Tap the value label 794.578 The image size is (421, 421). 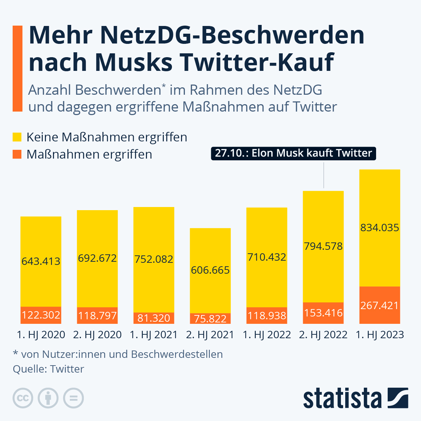click(323, 246)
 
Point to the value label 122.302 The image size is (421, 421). click(41, 315)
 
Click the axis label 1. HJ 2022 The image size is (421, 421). click(267, 335)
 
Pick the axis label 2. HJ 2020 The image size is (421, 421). click(97, 335)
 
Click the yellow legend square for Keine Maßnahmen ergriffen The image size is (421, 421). click(17, 137)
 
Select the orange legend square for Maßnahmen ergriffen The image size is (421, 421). click(17, 154)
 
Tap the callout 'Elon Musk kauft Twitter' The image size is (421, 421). click(293, 153)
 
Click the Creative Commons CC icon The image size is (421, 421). click(23, 398)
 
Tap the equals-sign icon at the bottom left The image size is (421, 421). click(73, 398)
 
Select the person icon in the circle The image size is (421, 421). click(48, 398)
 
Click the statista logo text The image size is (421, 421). click(342, 399)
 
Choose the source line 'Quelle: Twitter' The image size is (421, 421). click(48, 369)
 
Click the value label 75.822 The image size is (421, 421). click(210, 319)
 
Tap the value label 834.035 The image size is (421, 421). click(380, 228)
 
